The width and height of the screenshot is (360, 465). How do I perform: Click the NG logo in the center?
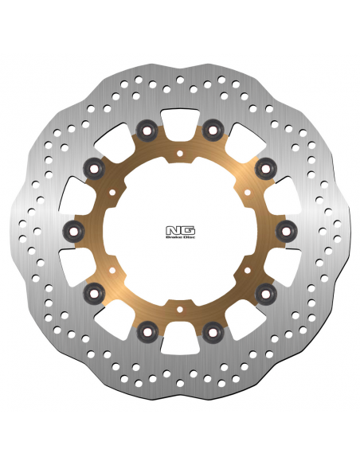pyautogui.click(x=180, y=230)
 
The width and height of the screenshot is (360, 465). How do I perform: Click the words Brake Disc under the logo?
pyautogui.click(x=180, y=237)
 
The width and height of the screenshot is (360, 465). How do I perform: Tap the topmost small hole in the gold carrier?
pyautogui.click(x=180, y=154)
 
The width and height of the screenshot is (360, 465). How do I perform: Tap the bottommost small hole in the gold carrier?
pyautogui.click(x=180, y=309)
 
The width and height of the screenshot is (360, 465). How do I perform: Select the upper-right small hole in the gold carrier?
pyautogui.click(x=248, y=193)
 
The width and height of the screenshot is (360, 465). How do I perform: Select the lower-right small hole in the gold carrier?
pyautogui.click(x=248, y=270)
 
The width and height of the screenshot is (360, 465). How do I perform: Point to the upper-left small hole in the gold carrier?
pyautogui.click(x=112, y=193)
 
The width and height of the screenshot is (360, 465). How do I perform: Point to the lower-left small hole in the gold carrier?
pyautogui.click(x=112, y=270)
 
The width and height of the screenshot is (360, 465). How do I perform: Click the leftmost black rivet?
pyautogui.click(x=74, y=232)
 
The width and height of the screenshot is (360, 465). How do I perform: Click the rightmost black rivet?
pyautogui.click(x=286, y=232)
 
